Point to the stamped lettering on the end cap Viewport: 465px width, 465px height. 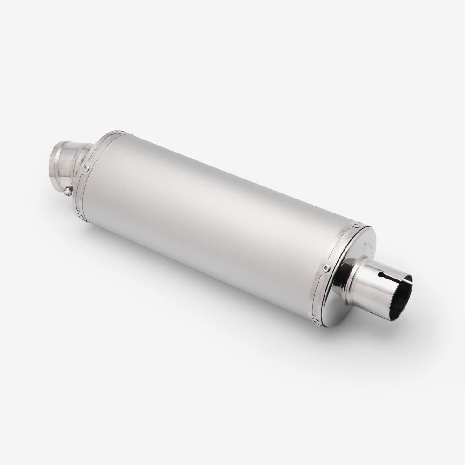pyautogui.click(x=369, y=246)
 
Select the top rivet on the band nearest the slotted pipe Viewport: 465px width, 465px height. pyautogui.click(x=356, y=225)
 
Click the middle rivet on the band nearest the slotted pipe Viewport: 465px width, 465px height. pyautogui.click(x=326, y=267)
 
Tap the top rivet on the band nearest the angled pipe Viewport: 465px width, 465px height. pyautogui.click(x=118, y=132)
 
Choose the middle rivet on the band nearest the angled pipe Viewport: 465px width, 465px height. pyautogui.click(x=86, y=168)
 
